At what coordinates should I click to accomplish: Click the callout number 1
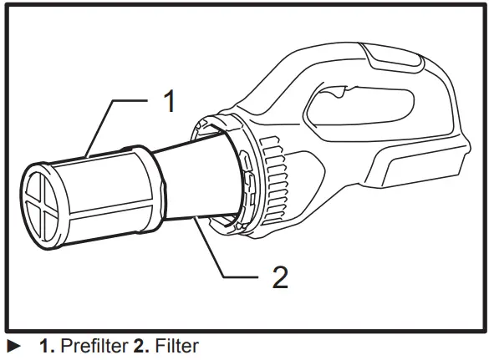point(170,104)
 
